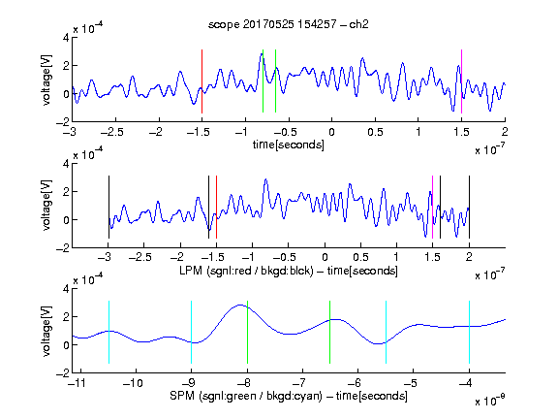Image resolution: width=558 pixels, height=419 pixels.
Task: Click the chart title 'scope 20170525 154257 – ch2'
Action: pyautogui.click(x=289, y=24)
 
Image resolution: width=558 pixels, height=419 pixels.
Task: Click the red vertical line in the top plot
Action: pyautogui.click(x=201, y=81)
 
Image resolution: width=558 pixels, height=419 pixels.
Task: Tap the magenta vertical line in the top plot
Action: pyautogui.click(x=461, y=81)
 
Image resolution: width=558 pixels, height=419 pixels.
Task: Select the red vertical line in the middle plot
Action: pyautogui.click(x=216, y=207)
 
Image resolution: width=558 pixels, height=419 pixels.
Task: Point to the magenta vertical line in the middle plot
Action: pyautogui.click(x=432, y=207)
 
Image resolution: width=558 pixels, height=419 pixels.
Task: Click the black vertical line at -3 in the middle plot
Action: pyautogui.click(x=108, y=207)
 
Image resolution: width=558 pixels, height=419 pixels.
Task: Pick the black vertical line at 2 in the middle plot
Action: pyautogui.click(x=469, y=207)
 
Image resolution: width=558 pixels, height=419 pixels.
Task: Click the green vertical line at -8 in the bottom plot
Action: pyautogui.click(x=247, y=332)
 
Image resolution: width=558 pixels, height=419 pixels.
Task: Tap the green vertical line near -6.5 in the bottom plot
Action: pyautogui.click(x=330, y=332)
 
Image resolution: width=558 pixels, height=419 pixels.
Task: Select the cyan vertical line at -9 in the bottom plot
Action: pyautogui.click(x=192, y=332)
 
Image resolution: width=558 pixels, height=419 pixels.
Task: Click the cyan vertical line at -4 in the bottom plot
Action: pyautogui.click(x=469, y=332)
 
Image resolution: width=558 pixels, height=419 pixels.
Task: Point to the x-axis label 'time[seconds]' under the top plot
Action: pyautogui.click(x=289, y=145)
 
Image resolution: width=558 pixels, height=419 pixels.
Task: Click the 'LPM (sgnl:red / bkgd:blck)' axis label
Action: pyautogui.click(x=246, y=271)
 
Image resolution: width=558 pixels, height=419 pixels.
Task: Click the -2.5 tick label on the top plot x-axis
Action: pyautogui.click(x=112, y=133)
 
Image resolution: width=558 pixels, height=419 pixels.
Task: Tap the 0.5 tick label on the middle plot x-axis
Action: pyautogui.click(x=360, y=257)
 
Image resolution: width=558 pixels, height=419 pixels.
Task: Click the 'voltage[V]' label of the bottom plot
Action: pyautogui.click(x=46, y=331)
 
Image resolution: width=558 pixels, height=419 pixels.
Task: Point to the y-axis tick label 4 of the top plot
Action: pyautogui.click(x=66, y=37)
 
